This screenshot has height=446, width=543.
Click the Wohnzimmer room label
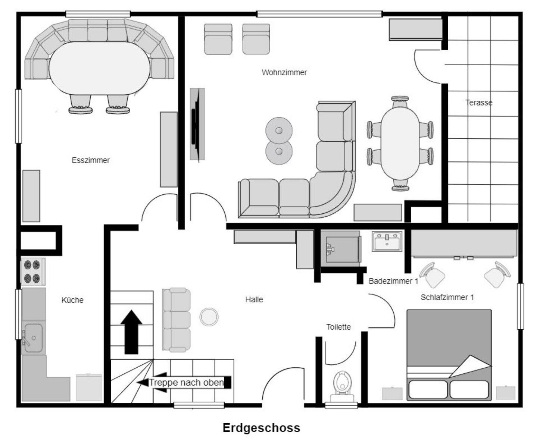click(x=284, y=72)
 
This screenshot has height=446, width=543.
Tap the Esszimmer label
click(x=91, y=160)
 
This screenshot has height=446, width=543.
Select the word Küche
click(x=72, y=300)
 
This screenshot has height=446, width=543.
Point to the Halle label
click(x=254, y=299)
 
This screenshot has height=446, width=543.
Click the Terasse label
click(x=479, y=103)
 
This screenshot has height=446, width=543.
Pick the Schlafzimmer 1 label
click(x=447, y=297)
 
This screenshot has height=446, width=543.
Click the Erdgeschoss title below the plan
click(x=261, y=428)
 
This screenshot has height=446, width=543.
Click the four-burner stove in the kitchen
click(x=33, y=272)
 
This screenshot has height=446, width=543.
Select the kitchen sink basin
click(x=34, y=337)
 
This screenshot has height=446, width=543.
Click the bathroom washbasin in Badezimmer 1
click(x=387, y=241)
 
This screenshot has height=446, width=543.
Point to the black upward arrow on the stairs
click(x=131, y=332)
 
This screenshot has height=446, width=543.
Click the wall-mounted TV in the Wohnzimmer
click(x=197, y=124)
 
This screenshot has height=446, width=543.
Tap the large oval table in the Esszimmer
click(x=99, y=68)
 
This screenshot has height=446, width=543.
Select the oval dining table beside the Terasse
click(x=400, y=144)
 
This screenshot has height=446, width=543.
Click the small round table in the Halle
click(x=209, y=317)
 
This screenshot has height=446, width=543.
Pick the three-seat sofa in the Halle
click(x=177, y=320)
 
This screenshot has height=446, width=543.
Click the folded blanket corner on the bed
click(x=470, y=367)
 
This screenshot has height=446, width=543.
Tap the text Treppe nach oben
click(x=186, y=383)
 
